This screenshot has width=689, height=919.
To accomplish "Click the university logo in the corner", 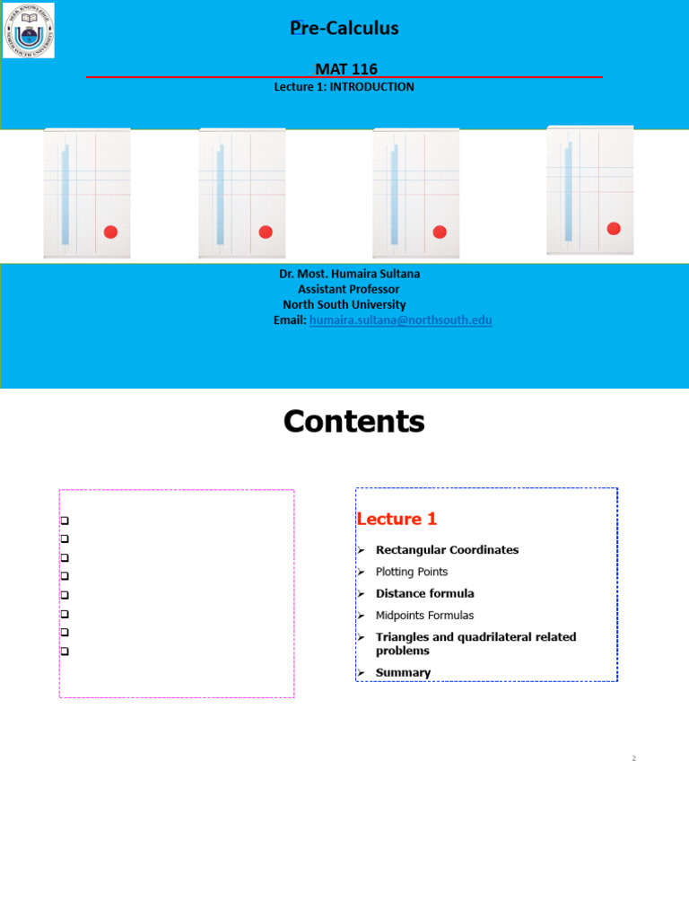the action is point(29,31).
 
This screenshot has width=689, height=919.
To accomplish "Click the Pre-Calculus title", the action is point(344,28).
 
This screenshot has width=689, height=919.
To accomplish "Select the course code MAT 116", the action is point(346,69).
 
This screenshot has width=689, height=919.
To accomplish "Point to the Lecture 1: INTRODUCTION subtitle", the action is point(344,87).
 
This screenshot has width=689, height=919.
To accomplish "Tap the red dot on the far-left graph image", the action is point(110,232).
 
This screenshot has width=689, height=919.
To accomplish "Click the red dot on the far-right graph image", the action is point(614,229).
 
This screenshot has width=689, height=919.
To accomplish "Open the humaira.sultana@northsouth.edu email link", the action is point(401,320).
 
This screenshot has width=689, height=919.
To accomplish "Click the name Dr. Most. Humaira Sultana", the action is point(349,274).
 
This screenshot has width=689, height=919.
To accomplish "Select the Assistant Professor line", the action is point(349,289).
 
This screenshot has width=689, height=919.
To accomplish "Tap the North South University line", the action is point(344,305).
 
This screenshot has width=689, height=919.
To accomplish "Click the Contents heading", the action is point(353,422).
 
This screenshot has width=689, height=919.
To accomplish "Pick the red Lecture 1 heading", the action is point(397,519).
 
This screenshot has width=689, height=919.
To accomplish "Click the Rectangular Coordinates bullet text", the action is point(447,550).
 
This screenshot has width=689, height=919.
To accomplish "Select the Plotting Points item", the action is point(411,572).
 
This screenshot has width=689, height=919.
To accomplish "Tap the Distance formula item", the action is point(424,593).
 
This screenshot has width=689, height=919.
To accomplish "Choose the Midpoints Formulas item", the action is point(424,616).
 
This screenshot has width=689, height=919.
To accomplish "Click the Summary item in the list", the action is point(403,673).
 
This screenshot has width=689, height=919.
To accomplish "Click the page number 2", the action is point(633,758).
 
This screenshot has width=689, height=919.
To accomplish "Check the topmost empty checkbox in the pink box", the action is point(65,521).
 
